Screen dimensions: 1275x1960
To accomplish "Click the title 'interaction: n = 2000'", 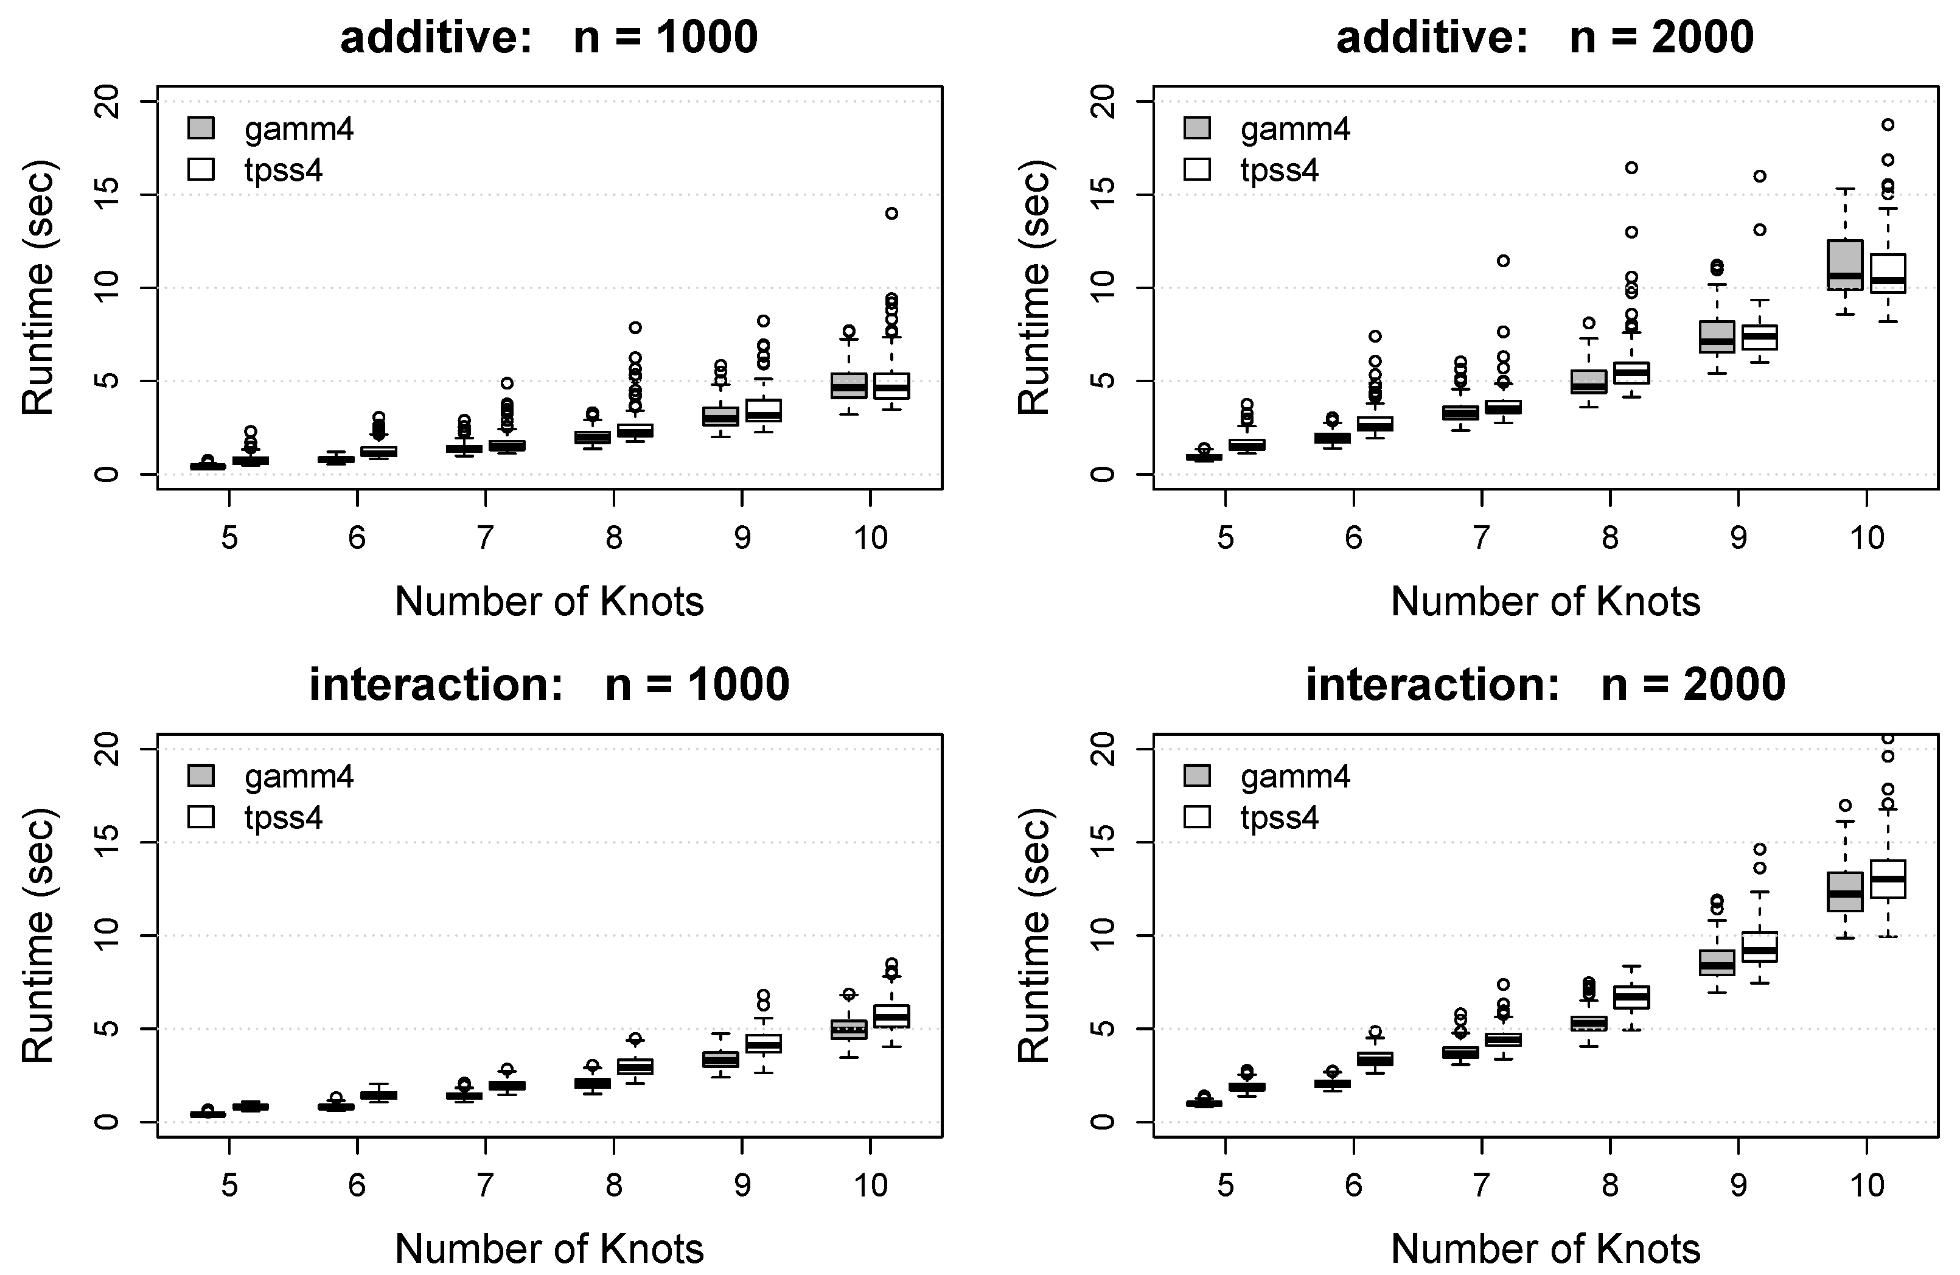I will tap(1545, 685).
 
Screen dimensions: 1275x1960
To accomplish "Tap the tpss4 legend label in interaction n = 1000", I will tap(284, 817).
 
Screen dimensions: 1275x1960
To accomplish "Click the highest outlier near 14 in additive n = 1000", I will tap(891, 214).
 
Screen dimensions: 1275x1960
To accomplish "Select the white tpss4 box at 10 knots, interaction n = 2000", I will tap(1888, 879).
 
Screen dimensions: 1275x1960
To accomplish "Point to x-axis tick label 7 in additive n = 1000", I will tap(485, 539).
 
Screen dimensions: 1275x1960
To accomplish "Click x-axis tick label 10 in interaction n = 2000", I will tap(1866, 1185).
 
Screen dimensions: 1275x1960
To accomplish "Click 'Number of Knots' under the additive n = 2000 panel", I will tap(1545, 602).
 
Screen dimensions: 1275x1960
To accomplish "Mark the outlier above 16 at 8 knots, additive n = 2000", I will tap(1631, 168).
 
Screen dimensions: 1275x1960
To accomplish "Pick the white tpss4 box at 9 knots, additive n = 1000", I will tap(764, 410).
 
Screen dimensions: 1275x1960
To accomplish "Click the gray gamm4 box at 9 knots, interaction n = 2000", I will tap(1717, 962).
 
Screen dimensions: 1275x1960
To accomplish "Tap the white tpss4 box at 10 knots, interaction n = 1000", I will tap(891, 1016).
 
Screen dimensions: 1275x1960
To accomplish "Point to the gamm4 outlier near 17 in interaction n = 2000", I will tap(1845, 806).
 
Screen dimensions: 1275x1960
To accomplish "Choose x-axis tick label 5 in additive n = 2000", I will tap(1226, 539).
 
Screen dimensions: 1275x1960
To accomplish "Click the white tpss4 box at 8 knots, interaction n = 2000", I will tap(1631, 997).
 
